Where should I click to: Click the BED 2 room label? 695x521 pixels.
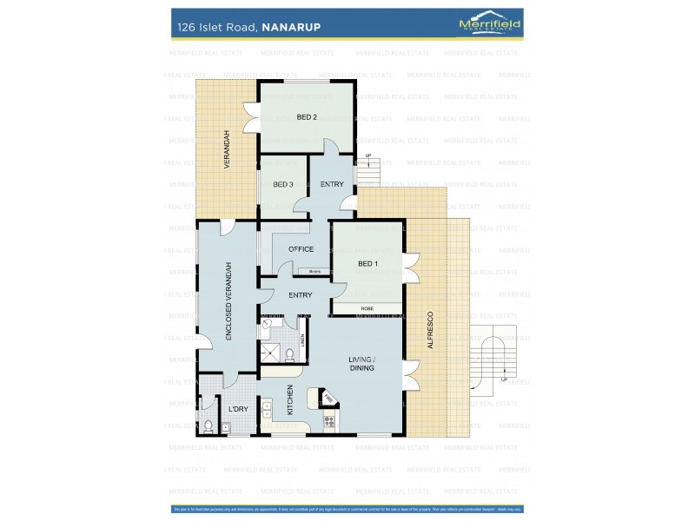[306, 116]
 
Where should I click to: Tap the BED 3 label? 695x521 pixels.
[283, 184]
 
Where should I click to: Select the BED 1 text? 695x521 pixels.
[367, 263]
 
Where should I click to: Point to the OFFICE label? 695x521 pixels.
[301, 249]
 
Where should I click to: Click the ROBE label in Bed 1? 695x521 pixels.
[367, 308]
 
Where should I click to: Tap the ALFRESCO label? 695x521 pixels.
[429, 331]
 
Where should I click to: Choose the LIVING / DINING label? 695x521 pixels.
[361, 363]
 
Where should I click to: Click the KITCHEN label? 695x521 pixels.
[290, 400]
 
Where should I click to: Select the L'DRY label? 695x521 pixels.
[238, 410]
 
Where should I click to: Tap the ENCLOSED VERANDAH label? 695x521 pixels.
[228, 301]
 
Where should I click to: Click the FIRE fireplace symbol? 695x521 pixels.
[328, 399]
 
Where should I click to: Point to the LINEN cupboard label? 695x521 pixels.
[302, 340]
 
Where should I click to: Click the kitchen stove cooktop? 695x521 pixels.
[329, 423]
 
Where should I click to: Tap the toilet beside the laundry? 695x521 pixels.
[208, 425]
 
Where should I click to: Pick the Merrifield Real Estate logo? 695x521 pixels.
[489, 25]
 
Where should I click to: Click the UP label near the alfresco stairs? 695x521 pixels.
[503, 379]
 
